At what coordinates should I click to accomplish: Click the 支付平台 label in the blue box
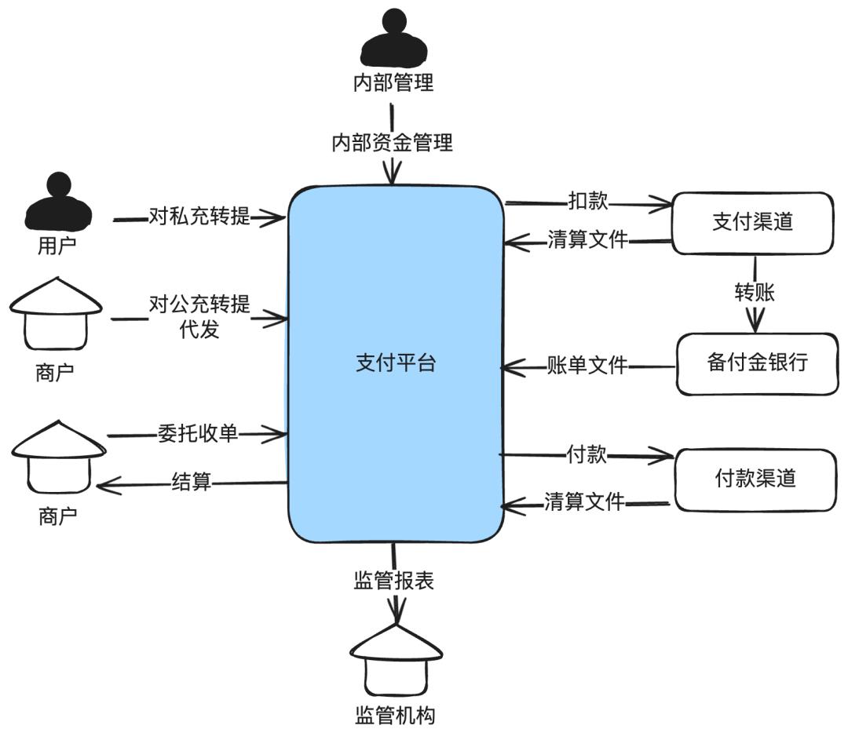click(395, 364)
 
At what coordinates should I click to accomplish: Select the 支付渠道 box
click(752, 222)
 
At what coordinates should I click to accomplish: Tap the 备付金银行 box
click(757, 363)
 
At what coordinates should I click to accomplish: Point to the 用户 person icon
click(58, 202)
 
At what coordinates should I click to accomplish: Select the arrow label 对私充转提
click(199, 217)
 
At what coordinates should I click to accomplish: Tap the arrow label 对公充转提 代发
click(199, 316)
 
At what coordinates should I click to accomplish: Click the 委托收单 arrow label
click(197, 433)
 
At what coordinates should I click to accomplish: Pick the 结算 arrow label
click(192, 482)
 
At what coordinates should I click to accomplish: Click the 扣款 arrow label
click(588, 201)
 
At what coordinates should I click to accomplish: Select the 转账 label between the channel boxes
click(755, 293)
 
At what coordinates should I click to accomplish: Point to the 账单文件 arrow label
click(587, 365)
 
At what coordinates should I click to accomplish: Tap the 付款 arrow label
click(587, 454)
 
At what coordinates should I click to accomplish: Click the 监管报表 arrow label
click(393, 581)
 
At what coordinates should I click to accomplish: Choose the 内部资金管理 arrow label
click(392, 143)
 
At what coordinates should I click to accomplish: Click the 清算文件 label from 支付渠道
click(587, 240)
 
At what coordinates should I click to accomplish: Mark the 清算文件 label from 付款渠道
click(584, 501)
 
